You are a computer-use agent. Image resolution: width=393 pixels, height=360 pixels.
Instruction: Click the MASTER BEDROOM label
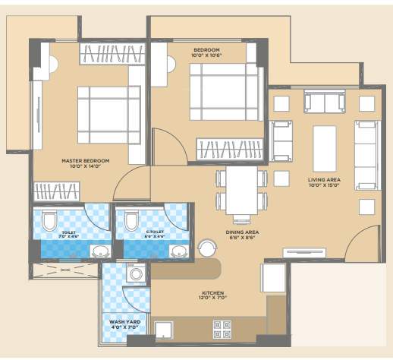click(x=85, y=161)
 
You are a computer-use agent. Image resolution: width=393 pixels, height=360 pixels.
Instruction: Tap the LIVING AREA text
click(x=324, y=180)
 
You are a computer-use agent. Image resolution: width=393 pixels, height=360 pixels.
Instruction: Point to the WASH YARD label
click(x=123, y=322)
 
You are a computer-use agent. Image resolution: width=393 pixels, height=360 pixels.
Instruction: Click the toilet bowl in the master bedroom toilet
click(x=49, y=221)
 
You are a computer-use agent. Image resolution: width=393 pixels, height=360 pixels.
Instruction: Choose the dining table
click(x=242, y=190)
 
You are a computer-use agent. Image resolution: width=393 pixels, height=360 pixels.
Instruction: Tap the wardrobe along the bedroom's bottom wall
click(x=231, y=150)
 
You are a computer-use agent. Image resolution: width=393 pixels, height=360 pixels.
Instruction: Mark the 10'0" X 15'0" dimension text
click(x=324, y=187)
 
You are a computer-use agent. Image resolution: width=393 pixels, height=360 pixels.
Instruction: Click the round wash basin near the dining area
click(x=206, y=248)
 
